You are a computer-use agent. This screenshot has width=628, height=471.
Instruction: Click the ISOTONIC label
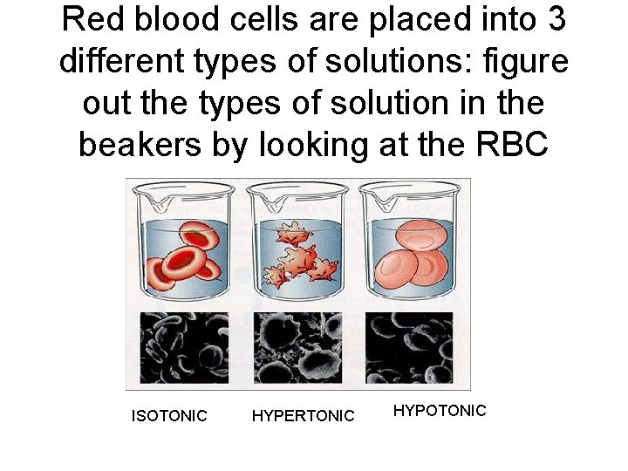169,416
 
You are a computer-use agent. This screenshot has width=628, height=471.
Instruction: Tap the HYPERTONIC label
303,416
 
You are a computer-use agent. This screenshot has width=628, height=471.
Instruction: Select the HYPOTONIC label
440,410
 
